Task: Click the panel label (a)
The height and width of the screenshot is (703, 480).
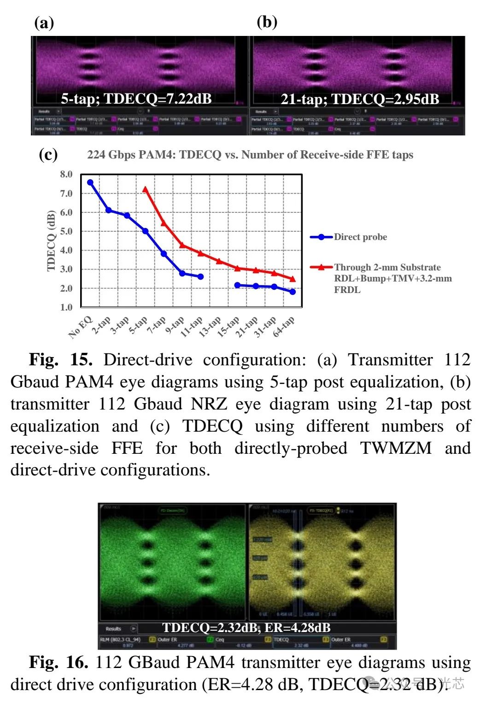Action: pyautogui.click(x=44, y=23)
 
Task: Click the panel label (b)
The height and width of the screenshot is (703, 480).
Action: pyautogui.click(x=267, y=22)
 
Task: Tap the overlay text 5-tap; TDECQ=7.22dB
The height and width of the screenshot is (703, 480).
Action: pyautogui.click(x=136, y=99)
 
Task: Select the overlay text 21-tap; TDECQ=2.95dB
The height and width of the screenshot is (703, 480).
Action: pyautogui.click(x=360, y=99)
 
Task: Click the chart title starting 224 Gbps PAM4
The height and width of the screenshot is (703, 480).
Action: pyautogui.click(x=250, y=155)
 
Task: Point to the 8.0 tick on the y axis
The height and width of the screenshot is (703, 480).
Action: pyautogui.click(x=66, y=174)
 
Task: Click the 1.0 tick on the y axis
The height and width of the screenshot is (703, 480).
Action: pyautogui.click(x=66, y=307)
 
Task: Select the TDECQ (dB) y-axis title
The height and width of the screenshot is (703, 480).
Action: pyautogui.click(x=51, y=240)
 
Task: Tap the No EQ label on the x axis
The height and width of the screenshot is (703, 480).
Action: pyautogui.click(x=81, y=327)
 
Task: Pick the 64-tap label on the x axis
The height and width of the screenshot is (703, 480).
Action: pyautogui.click(x=284, y=327)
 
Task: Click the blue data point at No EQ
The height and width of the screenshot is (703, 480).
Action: pyautogui.click(x=90, y=182)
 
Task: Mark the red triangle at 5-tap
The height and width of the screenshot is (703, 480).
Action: pyautogui.click(x=146, y=189)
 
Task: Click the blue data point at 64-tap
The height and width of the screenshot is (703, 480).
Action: pyautogui.click(x=293, y=292)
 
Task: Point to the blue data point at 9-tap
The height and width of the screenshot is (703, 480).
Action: pyautogui.click(x=182, y=274)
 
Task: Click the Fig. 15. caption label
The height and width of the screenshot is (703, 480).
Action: pyautogui.click(x=61, y=360)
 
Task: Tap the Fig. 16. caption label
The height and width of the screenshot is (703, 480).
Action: pyautogui.click(x=59, y=662)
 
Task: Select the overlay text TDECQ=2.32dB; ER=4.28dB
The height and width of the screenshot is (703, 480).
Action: pyautogui.click(x=246, y=627)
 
